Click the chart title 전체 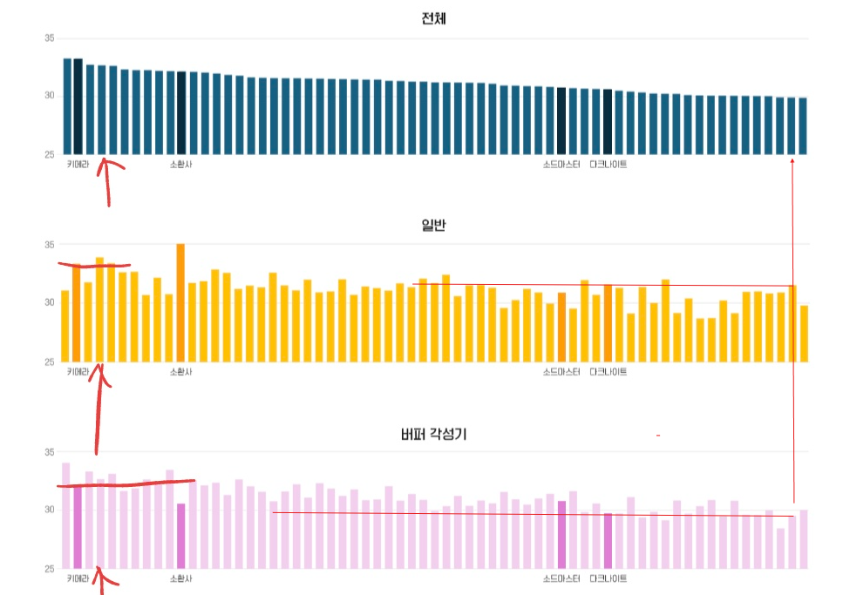(433, 18)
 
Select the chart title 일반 (433, 225)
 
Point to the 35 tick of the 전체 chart (50, 38)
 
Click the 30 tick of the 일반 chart (50, 303)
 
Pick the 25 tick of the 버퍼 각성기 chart (50, 569)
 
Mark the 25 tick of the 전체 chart (50, 155)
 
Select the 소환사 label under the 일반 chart (181, 372)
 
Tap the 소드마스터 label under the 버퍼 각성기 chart (561, 578)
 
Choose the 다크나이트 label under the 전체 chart (608, 165)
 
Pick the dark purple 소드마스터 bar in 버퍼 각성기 (561, 535)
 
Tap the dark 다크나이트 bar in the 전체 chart (608, 122)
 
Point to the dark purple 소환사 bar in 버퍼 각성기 (180, 536)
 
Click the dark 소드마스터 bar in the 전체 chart (561, 121)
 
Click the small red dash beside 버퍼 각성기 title (658, 434)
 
